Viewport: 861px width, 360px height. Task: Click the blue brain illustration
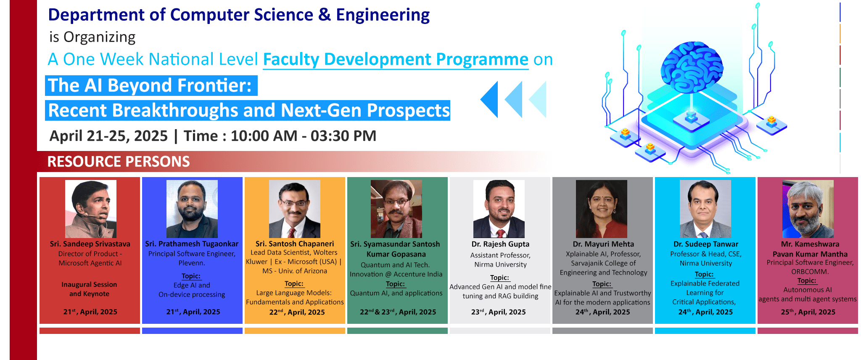[692, 67]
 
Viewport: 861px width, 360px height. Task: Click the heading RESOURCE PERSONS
[119, 161]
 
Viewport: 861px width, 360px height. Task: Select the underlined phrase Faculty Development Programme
[396, 59]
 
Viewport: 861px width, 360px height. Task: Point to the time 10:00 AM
[264, 136]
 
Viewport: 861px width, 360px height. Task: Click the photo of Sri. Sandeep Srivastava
[91, 209]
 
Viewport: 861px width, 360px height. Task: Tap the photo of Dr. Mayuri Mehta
[602, 209]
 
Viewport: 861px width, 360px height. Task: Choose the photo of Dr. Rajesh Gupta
[499, 209]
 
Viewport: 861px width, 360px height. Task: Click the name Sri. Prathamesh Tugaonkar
[192, 244]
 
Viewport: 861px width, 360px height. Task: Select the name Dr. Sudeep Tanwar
[706, 244]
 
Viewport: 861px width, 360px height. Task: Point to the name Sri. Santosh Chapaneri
[295, 244]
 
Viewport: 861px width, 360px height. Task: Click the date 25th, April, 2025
[808, 312]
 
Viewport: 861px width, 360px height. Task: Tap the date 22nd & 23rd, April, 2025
[398, 312]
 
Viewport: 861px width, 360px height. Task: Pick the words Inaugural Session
[89, 284]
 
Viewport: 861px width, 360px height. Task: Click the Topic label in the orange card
[294, 283]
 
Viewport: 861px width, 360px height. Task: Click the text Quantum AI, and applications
[396, 293]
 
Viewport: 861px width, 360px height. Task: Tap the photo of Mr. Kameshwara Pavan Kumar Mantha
[808, 209]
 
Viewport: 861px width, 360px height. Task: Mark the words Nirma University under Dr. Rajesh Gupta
[500, 265]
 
